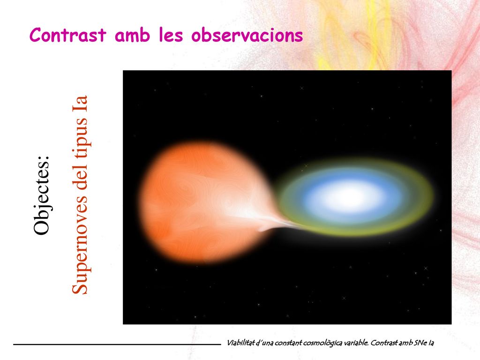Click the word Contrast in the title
[x=68, y=35]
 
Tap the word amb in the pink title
[x=132, y=35]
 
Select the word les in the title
[x=171, y=35]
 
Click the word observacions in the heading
[x=247, y=35]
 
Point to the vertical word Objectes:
[x=41, y=195]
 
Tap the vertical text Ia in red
[x=80, y=104]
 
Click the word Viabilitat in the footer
[x=240, y=343]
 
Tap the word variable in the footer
[x=359, y=343]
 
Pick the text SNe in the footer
[x=420, y=343]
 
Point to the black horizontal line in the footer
[x=117, y=345]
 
